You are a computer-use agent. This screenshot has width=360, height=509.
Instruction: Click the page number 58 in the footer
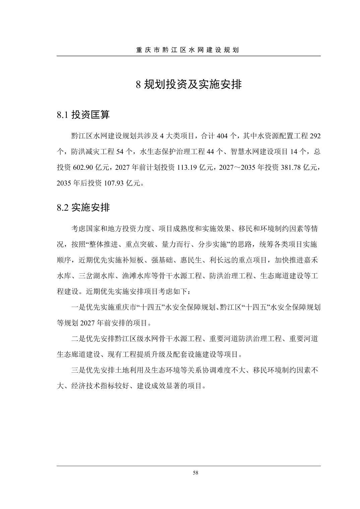[196, 473]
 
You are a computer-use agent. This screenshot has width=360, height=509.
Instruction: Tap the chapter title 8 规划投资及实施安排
[188, 84]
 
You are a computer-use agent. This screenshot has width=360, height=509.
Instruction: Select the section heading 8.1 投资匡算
[83, 115]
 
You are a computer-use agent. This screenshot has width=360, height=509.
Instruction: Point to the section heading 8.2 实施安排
[83, 208]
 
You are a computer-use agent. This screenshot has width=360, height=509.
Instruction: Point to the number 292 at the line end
[315, 136]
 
